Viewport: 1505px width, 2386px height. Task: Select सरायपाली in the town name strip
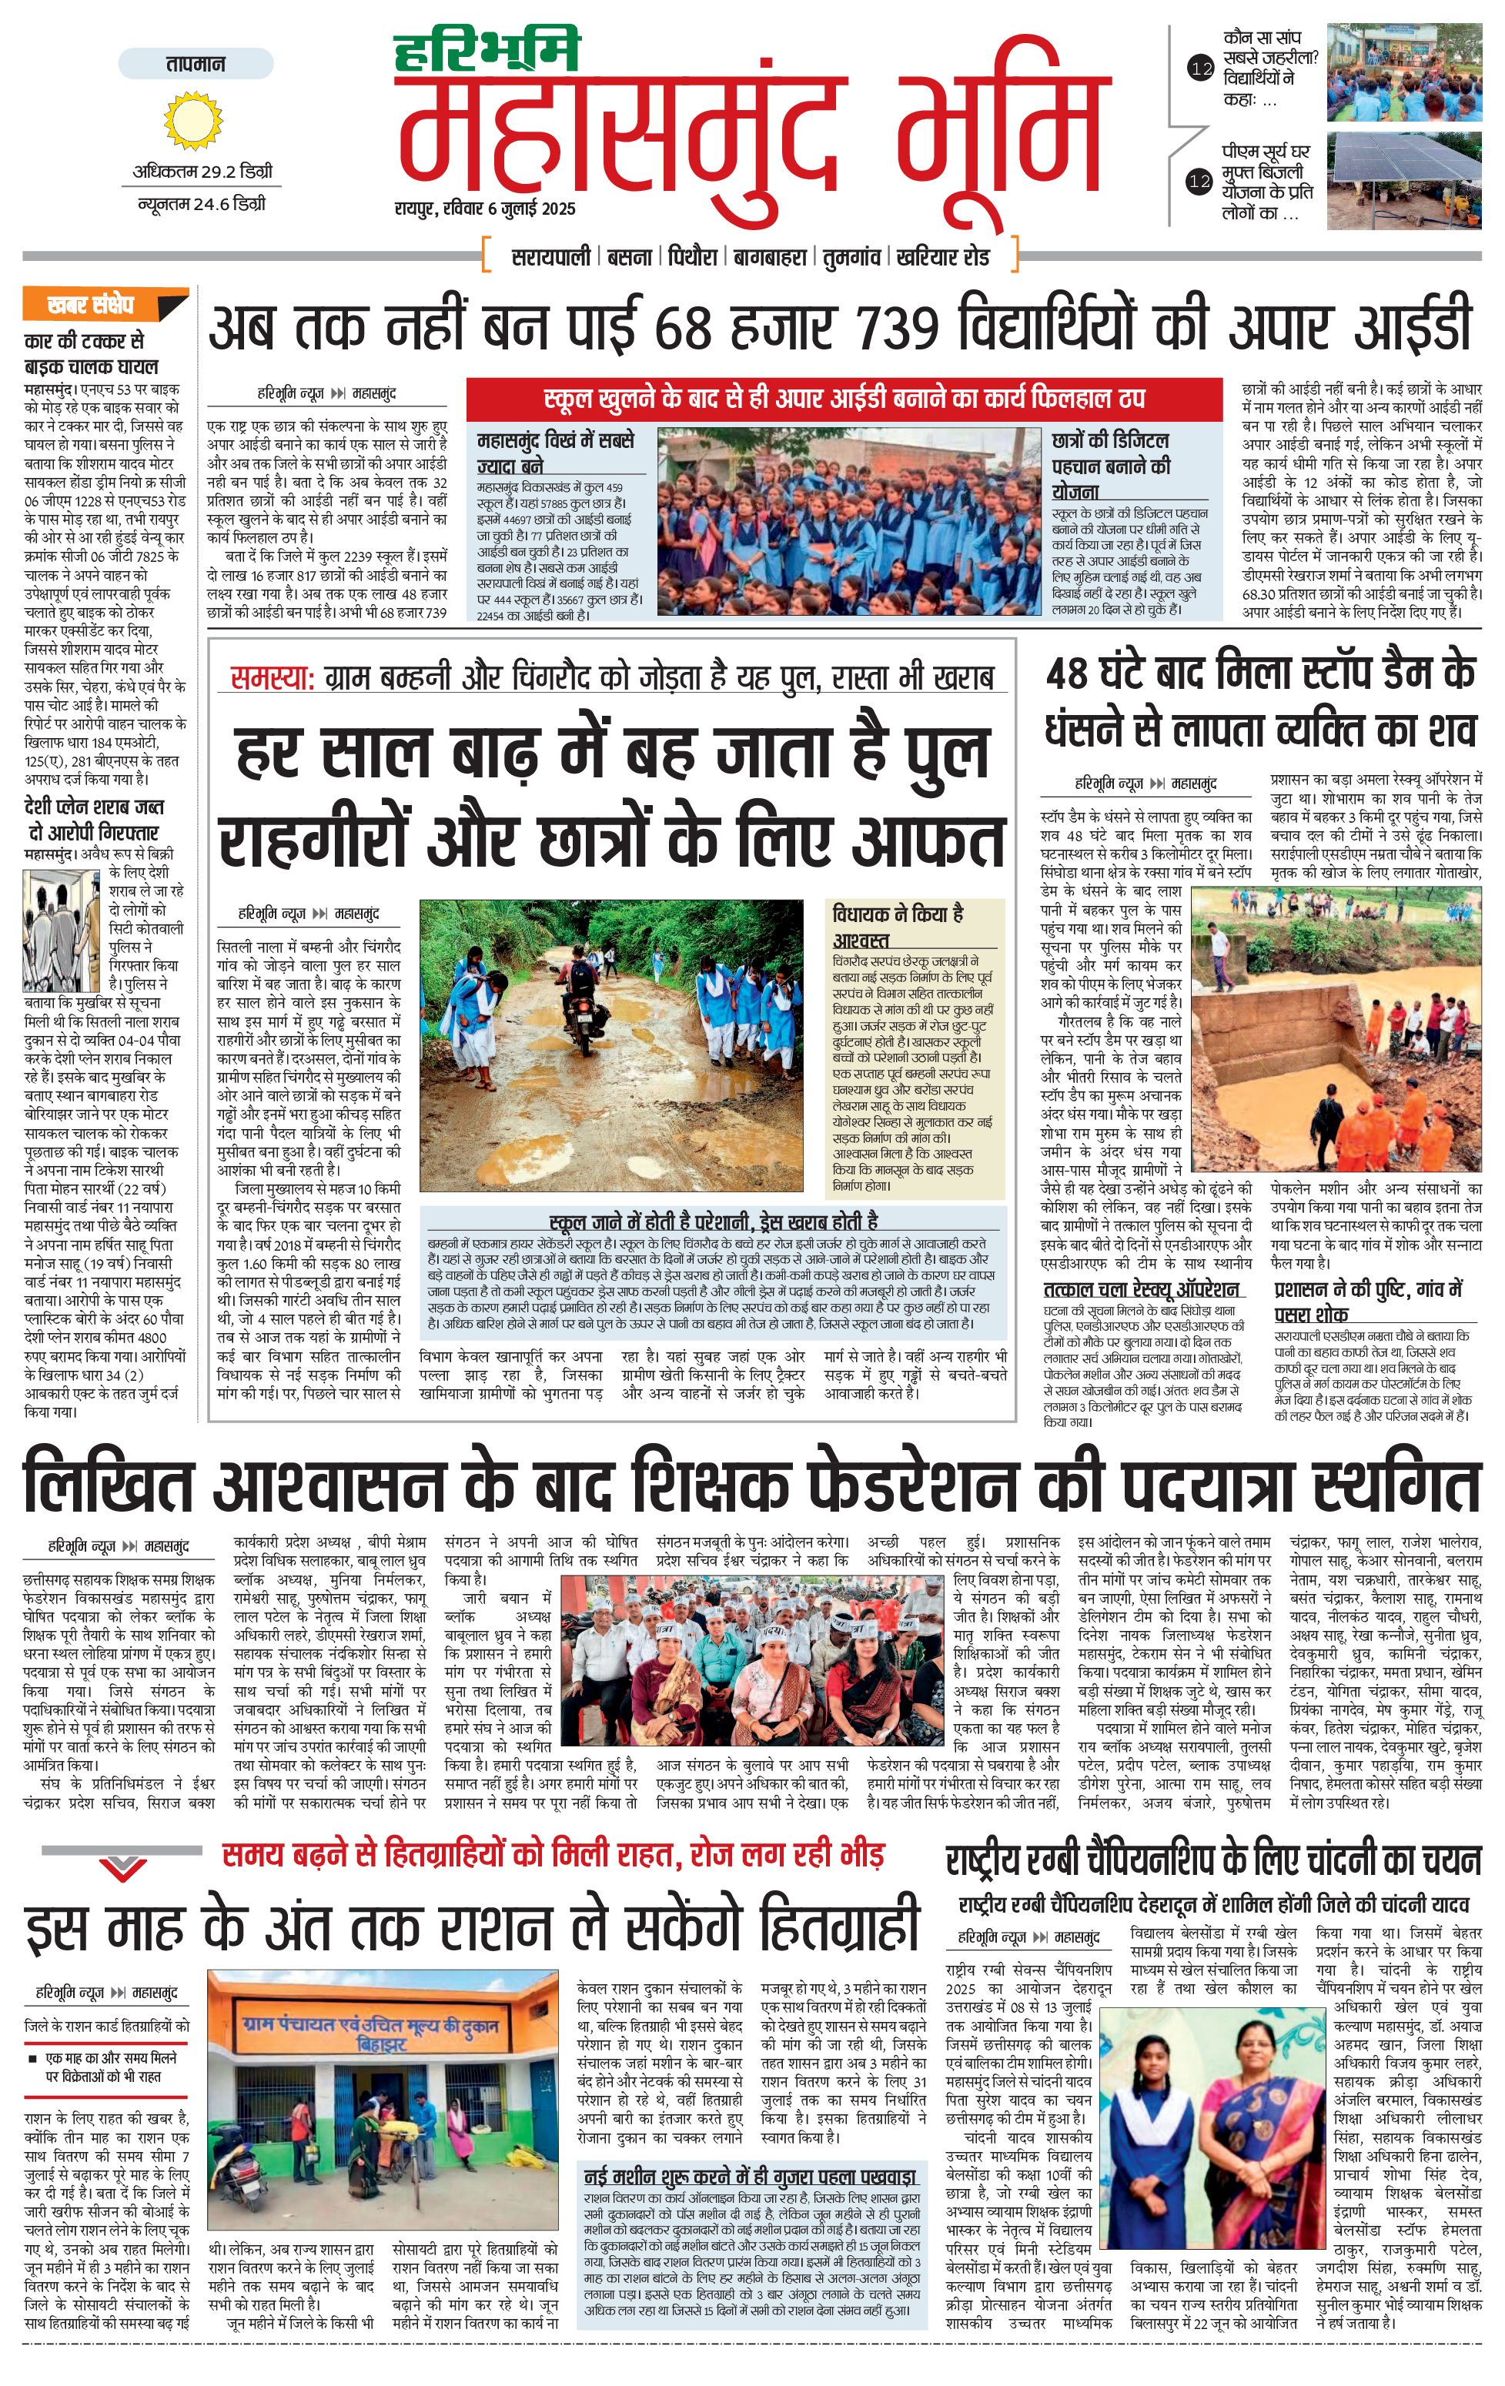tap(551, 256)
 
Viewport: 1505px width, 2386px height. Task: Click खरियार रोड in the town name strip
tap(942, 256)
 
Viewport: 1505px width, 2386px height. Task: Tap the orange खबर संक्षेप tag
tap(104, 304)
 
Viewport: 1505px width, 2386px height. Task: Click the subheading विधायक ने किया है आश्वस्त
tap(898, 924)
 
